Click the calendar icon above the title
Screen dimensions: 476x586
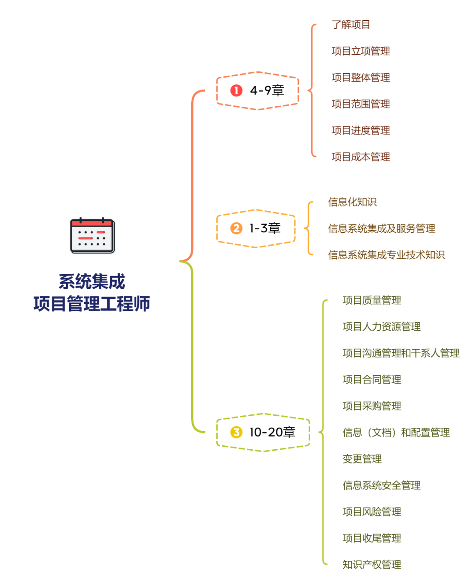coord(93,235)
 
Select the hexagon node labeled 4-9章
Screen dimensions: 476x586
coord(258,90)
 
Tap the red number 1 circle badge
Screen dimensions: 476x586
coord(236,90)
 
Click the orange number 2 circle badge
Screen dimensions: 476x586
coord(236,228)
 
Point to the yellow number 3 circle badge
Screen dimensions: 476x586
coord(236,432)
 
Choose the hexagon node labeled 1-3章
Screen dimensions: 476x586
coord(256,228)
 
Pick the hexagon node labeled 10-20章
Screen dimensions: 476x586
coord(263,432)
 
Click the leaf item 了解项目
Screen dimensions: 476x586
coord(351,25)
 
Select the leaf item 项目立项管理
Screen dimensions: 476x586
coord(361,51)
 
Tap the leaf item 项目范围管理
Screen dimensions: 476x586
coord(361,104)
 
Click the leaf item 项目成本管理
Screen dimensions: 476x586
coord(361,157)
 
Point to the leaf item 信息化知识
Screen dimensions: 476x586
coord(352,202)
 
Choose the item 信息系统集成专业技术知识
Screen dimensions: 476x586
coord(386,255)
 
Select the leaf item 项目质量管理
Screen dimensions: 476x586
coord(372,300)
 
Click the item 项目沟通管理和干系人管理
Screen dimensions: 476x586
coord(401,353)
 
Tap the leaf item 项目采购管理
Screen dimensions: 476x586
coord(372,406)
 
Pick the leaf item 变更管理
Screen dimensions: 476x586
coord(362,459)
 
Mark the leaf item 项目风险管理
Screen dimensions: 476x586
coord(372,512)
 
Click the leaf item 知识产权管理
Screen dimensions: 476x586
coord(372,565)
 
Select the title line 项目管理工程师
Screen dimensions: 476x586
coord(92,304)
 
